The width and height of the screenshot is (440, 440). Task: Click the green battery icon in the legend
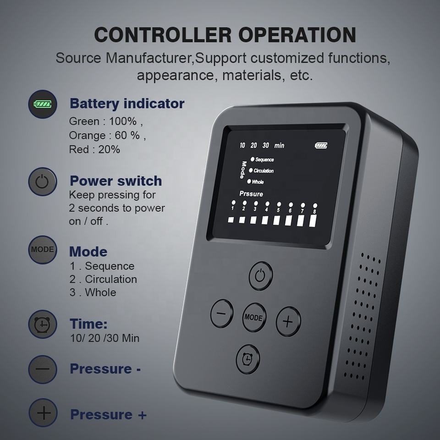[43, 104]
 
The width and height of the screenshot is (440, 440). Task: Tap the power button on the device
[260, 276]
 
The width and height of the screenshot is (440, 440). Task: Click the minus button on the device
[222, 313]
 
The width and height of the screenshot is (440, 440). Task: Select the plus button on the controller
[288, 321]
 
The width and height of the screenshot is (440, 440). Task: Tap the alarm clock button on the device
[247, 359]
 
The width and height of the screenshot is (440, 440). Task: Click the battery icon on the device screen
[321, 145]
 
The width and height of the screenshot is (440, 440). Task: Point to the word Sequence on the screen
[264, 159]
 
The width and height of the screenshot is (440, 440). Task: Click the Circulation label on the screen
[263, 171]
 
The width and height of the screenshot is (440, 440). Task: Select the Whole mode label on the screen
[258, 182]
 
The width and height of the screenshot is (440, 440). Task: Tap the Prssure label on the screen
[251, 194]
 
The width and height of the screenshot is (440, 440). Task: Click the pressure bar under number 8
[313, 220]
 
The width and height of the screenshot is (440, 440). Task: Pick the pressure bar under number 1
[231, 220]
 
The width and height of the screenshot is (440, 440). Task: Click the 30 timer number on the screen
[265, 145]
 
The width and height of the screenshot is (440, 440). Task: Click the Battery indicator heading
[127, 104]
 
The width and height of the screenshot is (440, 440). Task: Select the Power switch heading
[115, 181]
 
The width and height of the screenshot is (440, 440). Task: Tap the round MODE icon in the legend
[43, 249]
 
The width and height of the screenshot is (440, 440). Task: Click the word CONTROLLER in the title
[163, 35]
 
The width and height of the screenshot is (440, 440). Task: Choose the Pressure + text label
[108, 414]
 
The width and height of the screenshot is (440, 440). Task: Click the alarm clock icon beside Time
[42, 324]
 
